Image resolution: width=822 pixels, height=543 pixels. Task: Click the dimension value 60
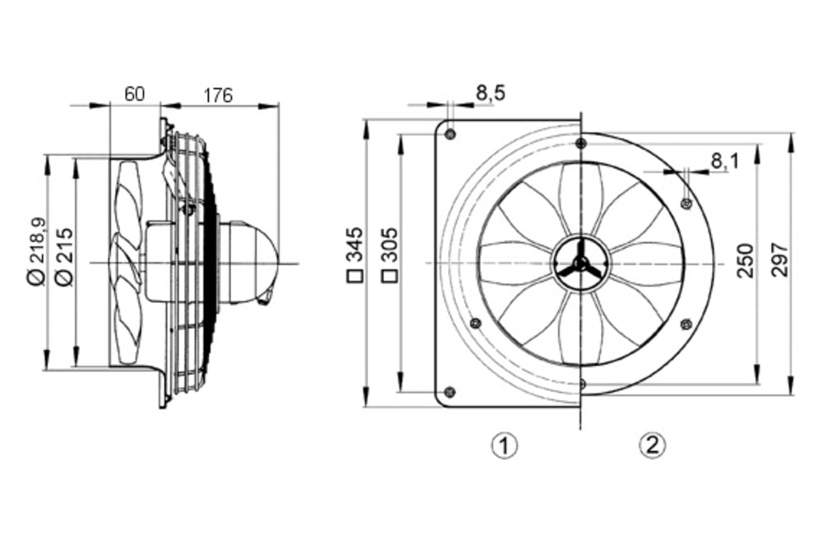(134, 94)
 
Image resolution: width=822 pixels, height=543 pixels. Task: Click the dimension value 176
(218, 94)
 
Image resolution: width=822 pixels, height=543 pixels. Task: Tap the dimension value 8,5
(491, 93)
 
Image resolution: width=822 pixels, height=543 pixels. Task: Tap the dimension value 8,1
(724, 161)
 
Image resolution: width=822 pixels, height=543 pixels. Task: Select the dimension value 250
(745, 260)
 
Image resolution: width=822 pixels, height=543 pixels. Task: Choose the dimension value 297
(780, 260)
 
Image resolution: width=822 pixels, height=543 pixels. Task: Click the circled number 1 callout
(504, 445)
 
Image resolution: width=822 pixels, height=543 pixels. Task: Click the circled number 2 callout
(652, 445)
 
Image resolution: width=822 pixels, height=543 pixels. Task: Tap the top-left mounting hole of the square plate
(449, 133)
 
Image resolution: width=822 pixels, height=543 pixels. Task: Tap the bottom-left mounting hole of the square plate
(449, 391)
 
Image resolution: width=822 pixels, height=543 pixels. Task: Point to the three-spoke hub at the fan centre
(580, 263)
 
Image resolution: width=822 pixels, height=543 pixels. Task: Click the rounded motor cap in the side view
(255, 261)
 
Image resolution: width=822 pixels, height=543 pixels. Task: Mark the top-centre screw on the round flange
(581, 144)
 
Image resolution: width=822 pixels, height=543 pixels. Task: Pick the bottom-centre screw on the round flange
(581, 383)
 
